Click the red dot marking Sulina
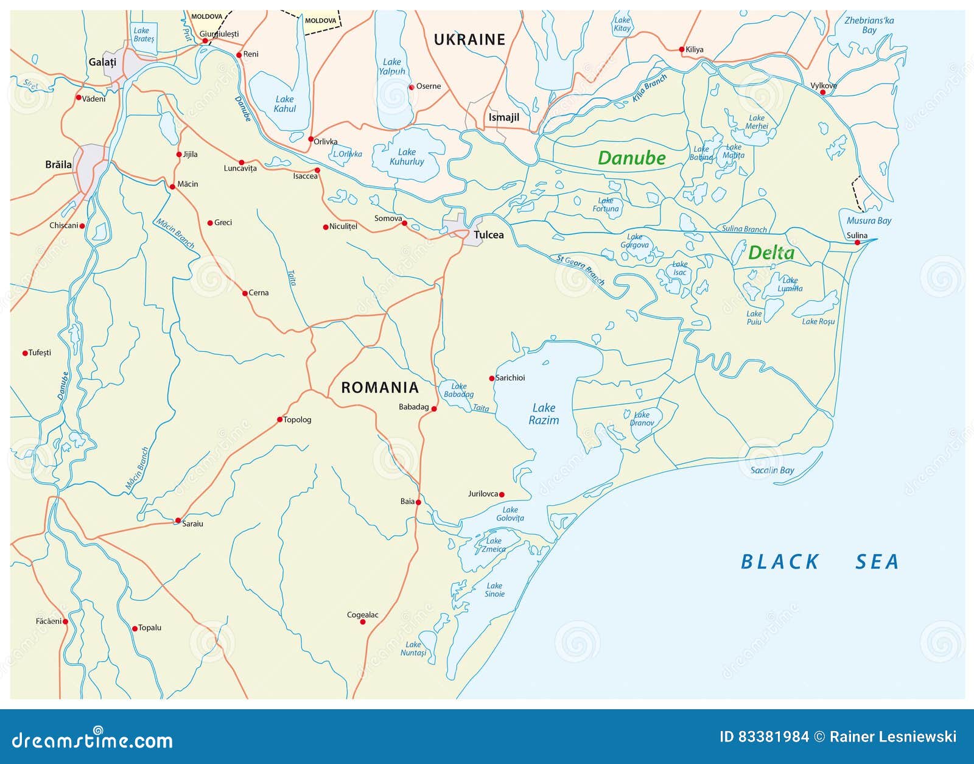[857, 243]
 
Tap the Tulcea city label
[488, 235]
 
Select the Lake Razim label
[544, 414]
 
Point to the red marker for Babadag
[434, 409]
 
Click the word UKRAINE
[469, 40]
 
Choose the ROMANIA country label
[380, 387]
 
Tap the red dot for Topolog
[280, 419]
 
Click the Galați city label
[102, 62]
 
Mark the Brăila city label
[58, 164]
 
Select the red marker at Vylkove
[822, 93]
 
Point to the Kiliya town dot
[682, 49]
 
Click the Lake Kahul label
[284, 104]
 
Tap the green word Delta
[771, 253]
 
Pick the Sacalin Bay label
[772, 470]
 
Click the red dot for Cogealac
[363, 622]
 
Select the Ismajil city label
[503, 117]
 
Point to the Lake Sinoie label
[494, 590]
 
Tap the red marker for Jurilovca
[502, 495]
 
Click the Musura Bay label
[869, 220]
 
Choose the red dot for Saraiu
[178, 520]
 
